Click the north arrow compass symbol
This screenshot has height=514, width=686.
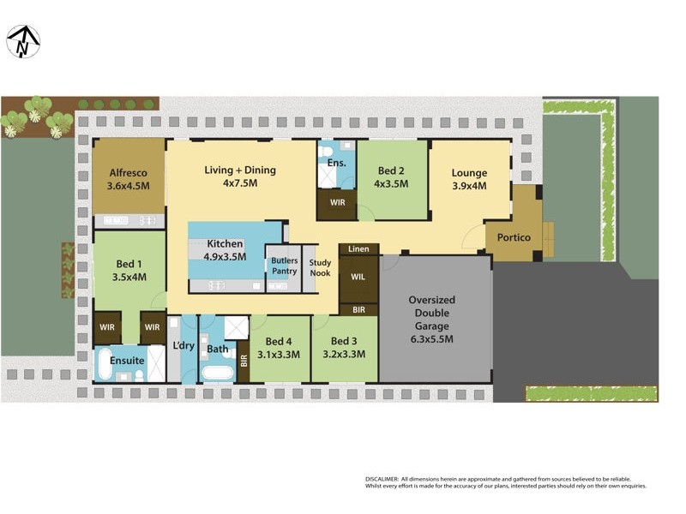pyautogui.click(x=24, y=42)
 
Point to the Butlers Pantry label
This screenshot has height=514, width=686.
pyautogui.click(x=284, y=266)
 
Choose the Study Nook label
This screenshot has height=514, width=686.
pyautogui.click(x=320, y=268)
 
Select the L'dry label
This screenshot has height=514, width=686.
pyautogui.click(x=184, y=346)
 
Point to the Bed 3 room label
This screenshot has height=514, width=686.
pyautogui.click(x=343, y=340)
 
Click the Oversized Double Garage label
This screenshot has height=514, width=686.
pyautogui.click(x=431, y=320)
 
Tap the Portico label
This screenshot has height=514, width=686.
pyautogui.click(x=514, y=237)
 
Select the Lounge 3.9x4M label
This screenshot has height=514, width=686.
pyautogui.click(x=469, y=179)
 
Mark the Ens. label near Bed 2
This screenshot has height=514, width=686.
pyautogui.click(x=336, y=163)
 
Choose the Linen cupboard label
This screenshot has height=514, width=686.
pyautogui.click(x=359, y=249)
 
